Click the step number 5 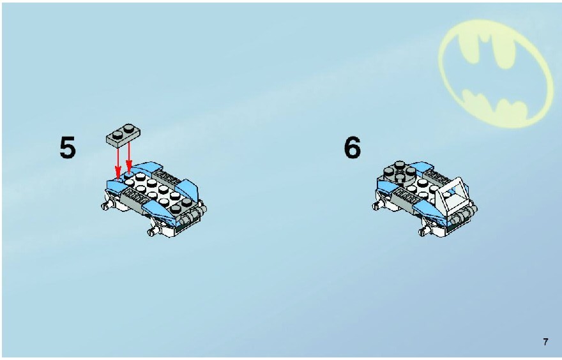(68, 147)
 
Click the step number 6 (353, 147)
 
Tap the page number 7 (545, 341)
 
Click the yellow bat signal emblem (496, 73)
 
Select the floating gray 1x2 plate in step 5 (123, 135)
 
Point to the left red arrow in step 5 (118, 162)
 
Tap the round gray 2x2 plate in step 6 (399, 172)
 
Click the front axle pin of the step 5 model (154, 232)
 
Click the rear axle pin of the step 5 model (107, 206)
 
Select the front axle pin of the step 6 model (425, 232)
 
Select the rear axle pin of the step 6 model (378, 206)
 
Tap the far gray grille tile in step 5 (169, 177)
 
